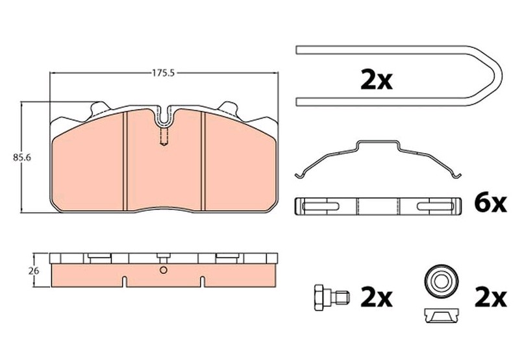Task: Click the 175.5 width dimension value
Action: point(164,73)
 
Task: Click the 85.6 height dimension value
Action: point(22,158)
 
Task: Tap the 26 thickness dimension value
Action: point(34,271)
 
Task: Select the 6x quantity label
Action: point(490,204)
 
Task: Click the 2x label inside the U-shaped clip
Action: point(377,80)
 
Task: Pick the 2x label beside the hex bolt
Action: point(377,298)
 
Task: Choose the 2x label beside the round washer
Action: point(491,298)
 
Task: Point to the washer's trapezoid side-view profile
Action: point(442,315)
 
